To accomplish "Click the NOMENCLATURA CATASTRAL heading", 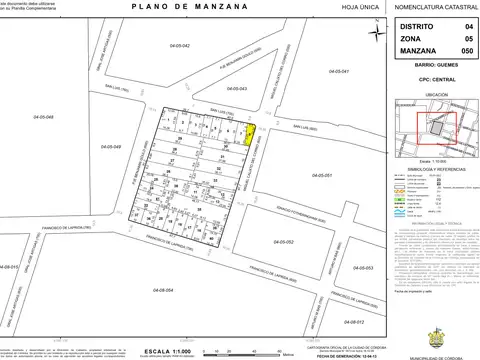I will click(431, 9).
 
